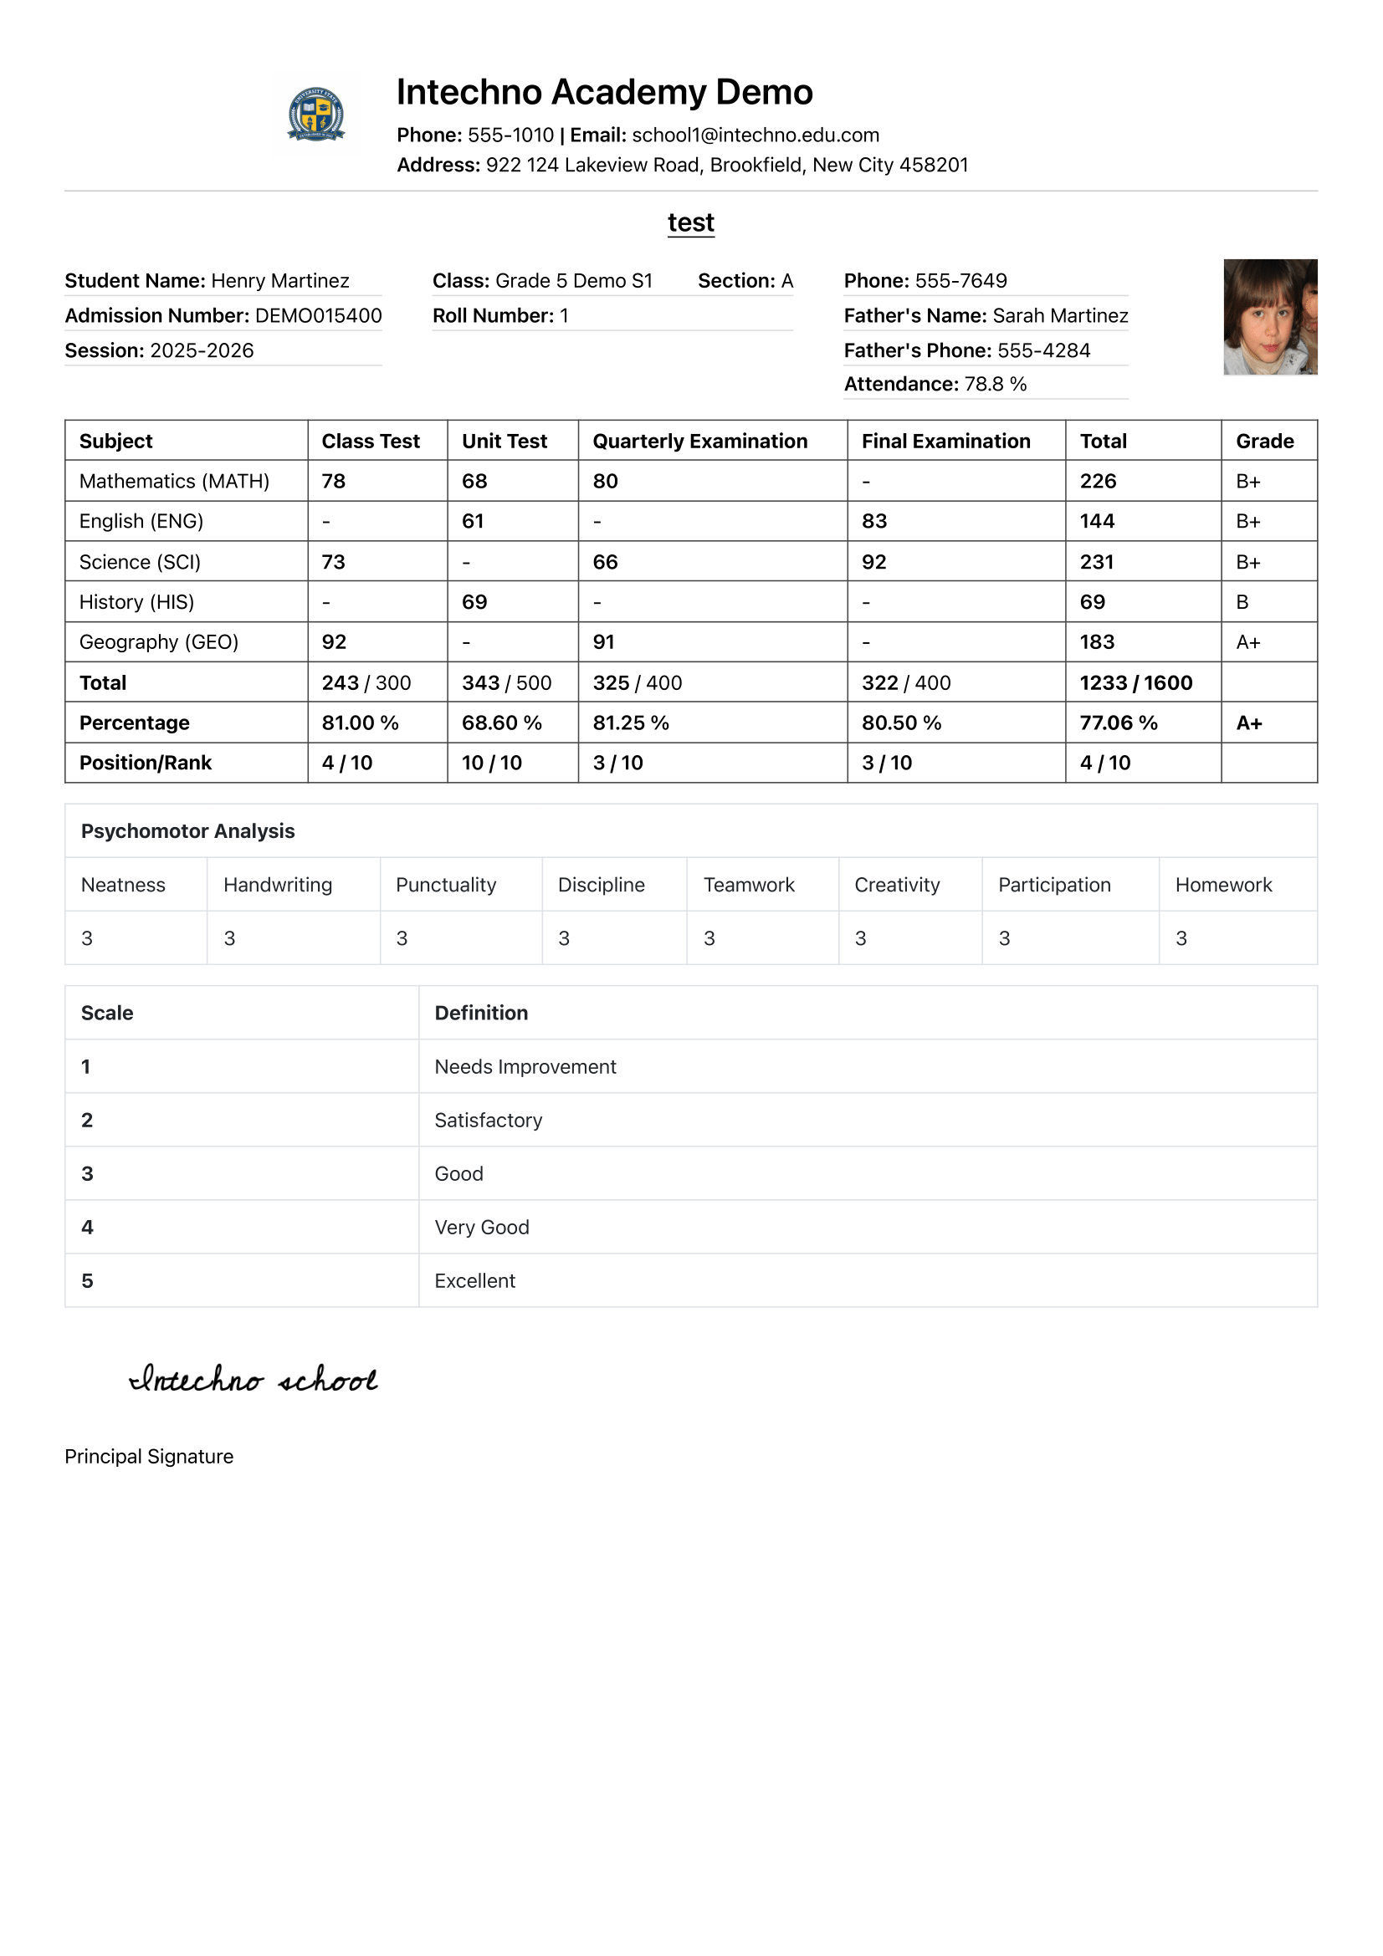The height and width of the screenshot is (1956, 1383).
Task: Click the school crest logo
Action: tap(316, 113)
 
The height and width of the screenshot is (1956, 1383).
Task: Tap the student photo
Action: tap(1270, 317)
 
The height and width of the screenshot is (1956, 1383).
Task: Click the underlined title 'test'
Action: tap(690, 222)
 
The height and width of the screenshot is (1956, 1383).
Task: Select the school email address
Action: tap(755, 135)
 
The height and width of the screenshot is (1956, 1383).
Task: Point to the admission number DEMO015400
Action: tap(318, 316)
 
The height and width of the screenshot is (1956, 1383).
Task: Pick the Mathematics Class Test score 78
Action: tap(333, 482)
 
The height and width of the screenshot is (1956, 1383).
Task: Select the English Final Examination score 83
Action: tap(873, 521)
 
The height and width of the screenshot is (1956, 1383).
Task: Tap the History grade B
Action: tap(1242, 602)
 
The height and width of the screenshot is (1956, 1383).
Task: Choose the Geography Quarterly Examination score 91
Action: tap(603, 642)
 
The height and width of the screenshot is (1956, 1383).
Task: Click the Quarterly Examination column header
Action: tap(699, 442)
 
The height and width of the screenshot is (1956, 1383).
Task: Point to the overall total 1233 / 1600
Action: tap(1135, 683)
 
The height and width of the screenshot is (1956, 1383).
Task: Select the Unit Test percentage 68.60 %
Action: tap(501, 723)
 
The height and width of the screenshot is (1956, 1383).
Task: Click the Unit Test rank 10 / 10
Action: tap(492, 764)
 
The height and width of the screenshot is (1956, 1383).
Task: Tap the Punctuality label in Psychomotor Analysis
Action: tap(446, 885)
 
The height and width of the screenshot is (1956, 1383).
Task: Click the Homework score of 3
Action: tap(1181, 939)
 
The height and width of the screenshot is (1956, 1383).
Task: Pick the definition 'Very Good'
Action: tap(481, 1228)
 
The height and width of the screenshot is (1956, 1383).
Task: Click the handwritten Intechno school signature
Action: tap(253, 1379)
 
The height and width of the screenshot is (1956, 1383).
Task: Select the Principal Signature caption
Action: tap(149, 1457)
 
